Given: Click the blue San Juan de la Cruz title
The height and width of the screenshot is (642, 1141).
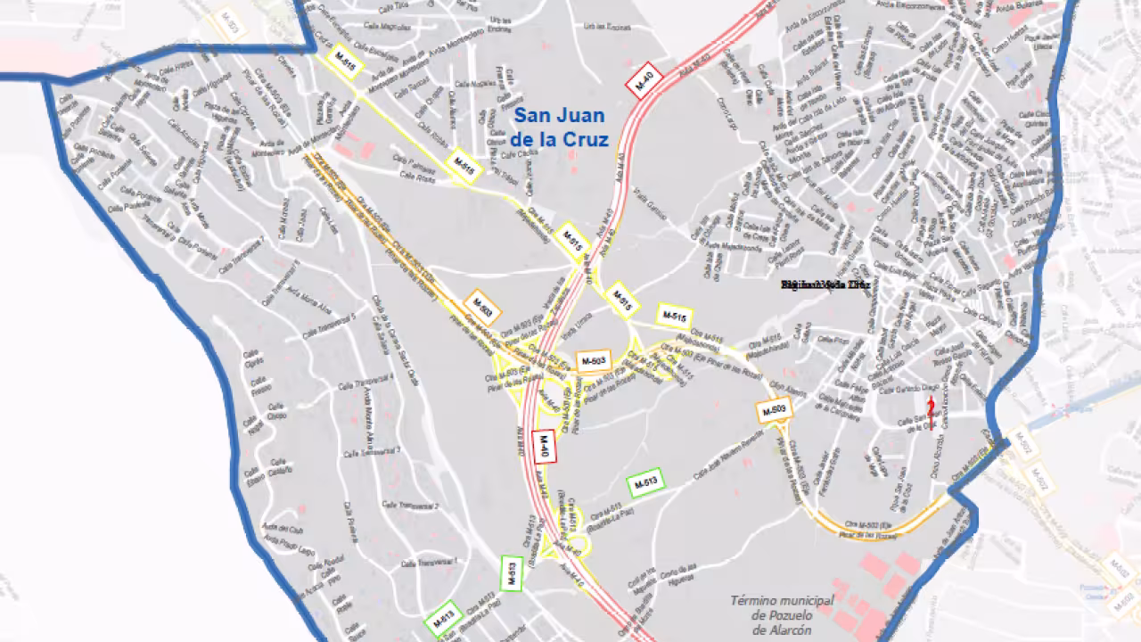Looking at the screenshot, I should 559,128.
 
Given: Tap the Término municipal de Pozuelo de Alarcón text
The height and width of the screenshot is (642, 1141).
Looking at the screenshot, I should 782,615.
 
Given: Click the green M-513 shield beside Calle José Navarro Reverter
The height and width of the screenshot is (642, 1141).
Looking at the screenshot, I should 647,482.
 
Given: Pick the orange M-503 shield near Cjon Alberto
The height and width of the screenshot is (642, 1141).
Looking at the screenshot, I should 774,410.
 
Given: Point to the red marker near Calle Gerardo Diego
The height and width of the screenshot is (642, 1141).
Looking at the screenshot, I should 931,407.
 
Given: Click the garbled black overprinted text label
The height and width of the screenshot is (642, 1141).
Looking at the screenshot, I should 824,284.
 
